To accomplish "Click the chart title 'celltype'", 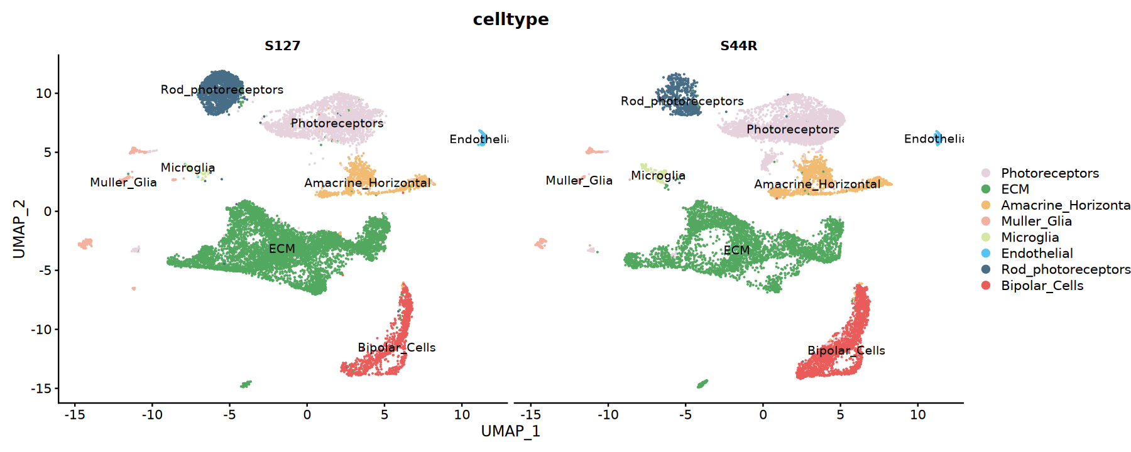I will (x=510, y=19).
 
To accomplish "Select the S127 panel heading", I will (x=282, y=46).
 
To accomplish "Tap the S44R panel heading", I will (x=738, y=46).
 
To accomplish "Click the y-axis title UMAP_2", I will (x=19, y=229).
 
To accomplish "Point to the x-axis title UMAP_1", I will (x=510, y=431).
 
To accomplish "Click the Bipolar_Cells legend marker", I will (x=986, y=286).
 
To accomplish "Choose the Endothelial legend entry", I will (x=1037, y=254).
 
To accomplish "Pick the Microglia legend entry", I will (x=1030, y=237).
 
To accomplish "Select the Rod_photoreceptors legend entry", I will (x=1066, y=269).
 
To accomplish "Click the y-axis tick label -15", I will (x=41, y=389).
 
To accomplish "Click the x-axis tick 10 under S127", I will (x=462, y=415).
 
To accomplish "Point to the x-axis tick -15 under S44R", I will (x=531, y=415).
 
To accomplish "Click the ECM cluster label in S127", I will (x=282, y=249).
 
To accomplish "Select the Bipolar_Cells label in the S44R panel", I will (x=846, y=351).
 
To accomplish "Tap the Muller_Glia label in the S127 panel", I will (x=123, y=183).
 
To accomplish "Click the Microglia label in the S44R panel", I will (x=658, y=176).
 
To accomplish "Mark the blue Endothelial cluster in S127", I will (x=482, y=137).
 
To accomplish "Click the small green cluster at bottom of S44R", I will (x=702, y=384).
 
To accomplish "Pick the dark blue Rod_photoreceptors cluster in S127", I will (x=220, y=94).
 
